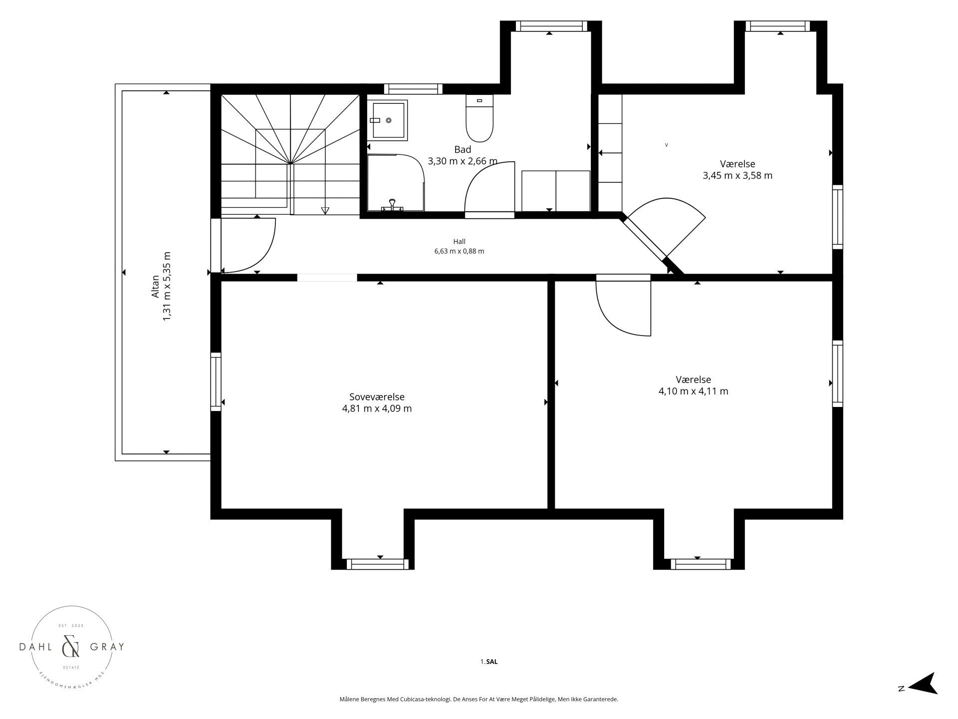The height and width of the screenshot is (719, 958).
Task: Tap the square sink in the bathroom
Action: click(388, 120)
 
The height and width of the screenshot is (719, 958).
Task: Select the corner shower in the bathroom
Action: click(396, 183)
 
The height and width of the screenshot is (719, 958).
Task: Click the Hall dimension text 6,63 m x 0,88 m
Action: click(459, 252)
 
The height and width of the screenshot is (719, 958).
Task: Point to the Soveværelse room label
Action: click(377, 397)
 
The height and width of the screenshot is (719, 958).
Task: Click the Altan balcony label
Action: click(156, 287)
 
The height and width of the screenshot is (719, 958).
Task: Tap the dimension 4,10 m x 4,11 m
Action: click(693, 391)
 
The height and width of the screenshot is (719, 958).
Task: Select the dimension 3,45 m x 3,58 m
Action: click(737, 176)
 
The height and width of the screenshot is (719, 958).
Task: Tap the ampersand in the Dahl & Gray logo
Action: click(70, 648)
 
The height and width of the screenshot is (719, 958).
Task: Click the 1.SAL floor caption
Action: click(489, 662)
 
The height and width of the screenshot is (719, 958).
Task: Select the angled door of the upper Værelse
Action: click(665, 228)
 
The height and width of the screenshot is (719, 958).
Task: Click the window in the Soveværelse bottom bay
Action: click(377, 564)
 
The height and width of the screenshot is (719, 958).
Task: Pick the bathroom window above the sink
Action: click(413, 89)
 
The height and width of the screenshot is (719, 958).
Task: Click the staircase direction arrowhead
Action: click(325, 210)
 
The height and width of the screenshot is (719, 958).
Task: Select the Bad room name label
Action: click(463, 149)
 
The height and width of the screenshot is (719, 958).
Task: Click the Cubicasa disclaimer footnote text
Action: click(479, 700)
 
